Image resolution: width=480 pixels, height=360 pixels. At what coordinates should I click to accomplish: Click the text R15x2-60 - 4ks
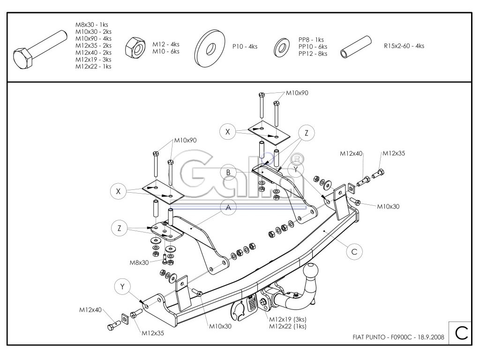point(404,46)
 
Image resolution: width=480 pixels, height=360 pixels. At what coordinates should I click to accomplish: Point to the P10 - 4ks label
point(245,47)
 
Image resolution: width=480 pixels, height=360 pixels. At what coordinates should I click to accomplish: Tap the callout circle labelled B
point(228,172)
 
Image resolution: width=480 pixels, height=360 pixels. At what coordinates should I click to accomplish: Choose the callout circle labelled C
point(354,251)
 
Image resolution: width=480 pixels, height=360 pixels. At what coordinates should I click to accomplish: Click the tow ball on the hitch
point(312,270)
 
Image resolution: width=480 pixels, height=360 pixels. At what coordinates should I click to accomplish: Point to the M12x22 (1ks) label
point(288,326)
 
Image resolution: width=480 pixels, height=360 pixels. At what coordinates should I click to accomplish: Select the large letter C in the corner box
point(460,333)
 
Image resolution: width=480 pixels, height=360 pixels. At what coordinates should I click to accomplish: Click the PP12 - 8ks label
point(313,53)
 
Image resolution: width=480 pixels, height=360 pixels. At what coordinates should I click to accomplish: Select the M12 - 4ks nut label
point(166,44)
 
